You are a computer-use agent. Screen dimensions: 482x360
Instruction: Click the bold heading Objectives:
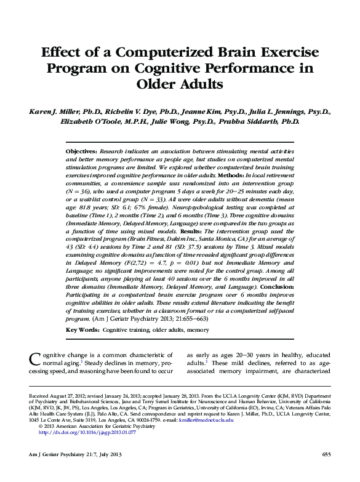click(81, 151)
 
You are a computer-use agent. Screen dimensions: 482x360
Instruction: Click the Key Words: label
click(82, 331)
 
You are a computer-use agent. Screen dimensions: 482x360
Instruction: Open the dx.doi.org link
click(87, 433)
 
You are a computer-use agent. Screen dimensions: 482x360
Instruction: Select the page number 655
click(326, 454)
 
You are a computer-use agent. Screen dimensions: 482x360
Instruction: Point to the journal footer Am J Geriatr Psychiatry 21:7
click(60, 454)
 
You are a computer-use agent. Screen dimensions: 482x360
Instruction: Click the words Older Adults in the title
click(180, 82)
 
